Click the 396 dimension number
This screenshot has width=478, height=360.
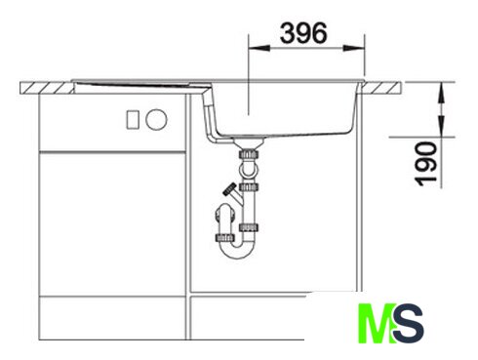pos(303,33)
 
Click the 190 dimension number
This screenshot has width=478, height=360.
pos(426,164)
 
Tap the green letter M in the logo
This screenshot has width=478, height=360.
pos(377,323)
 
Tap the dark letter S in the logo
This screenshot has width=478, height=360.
pos(409,323)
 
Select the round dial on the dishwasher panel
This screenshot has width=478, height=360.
pos(156,119)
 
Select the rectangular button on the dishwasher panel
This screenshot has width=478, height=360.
pos(133,119)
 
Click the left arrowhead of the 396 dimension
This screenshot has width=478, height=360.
pos(259,48)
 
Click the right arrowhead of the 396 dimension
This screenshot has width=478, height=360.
pos(354,48)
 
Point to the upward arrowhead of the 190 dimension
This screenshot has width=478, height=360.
pos(441,93)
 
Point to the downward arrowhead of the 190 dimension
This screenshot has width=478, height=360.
pos(441,126)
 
